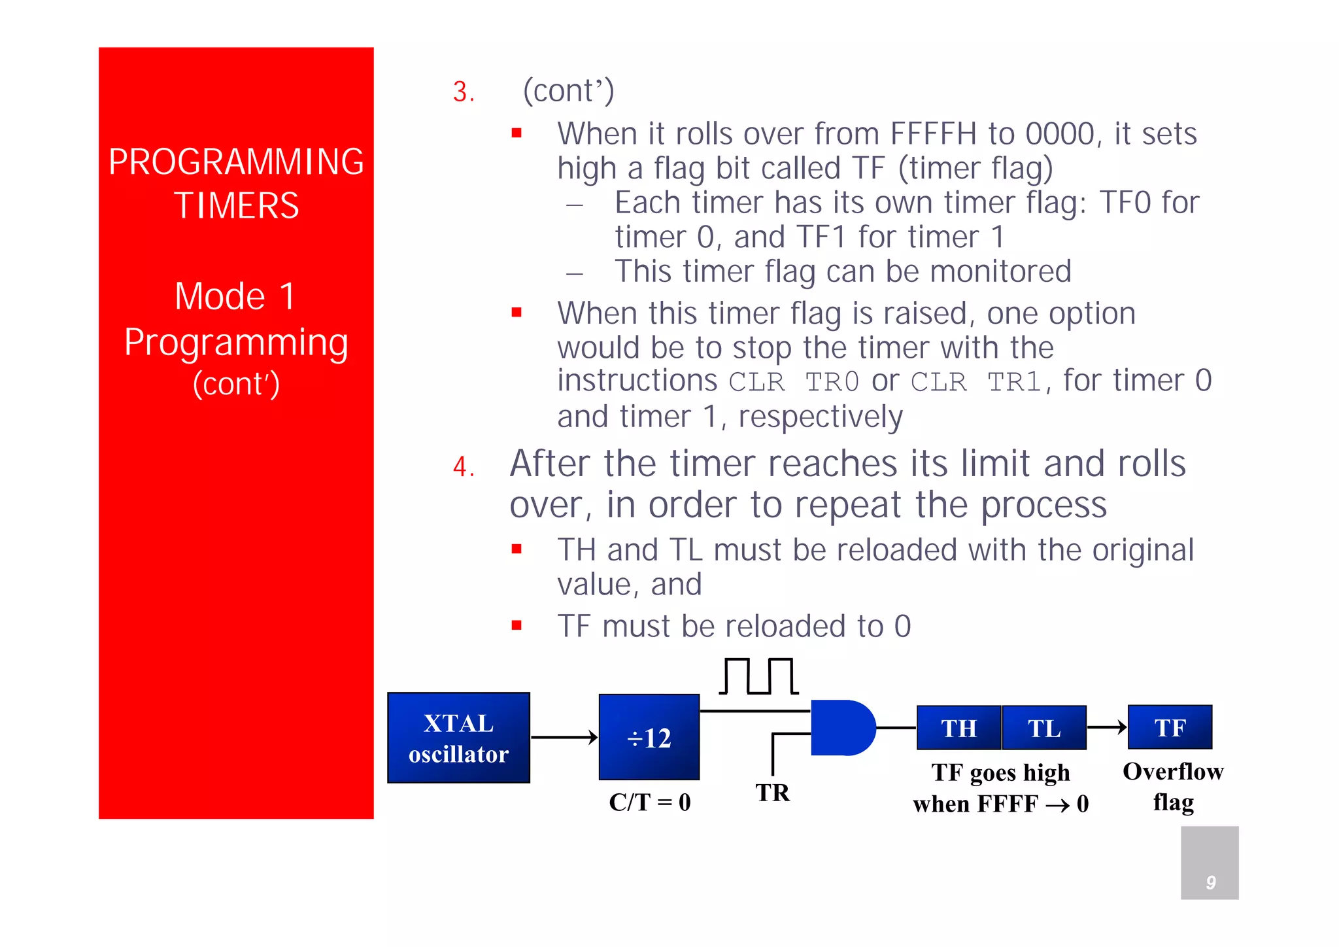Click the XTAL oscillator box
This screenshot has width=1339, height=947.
point(458,738)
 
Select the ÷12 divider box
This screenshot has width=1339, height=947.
point(649,737)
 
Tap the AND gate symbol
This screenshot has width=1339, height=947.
point(841,727)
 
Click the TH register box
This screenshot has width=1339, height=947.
point(958,728)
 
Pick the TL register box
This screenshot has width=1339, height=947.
point(1043,728)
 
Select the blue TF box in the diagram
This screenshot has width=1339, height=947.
point(1170,727)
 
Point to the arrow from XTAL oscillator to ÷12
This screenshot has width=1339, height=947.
point(564,738)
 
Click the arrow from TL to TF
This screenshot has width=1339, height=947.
point(1107,727)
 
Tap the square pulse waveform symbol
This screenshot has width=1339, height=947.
point(758,676)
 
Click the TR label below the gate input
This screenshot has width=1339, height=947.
point(772,793)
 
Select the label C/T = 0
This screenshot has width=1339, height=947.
point(649,802)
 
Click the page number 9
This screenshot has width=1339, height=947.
point(1210,882)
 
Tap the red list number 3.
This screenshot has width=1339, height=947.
point(463,92)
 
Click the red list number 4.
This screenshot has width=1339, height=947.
point(463,466)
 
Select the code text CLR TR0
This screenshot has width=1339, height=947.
point(794,382)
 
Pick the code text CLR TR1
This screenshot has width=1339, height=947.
point(976,382)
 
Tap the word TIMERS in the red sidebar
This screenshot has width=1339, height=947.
point(236,205)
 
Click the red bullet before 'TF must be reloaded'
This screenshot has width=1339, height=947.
point(517,625)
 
